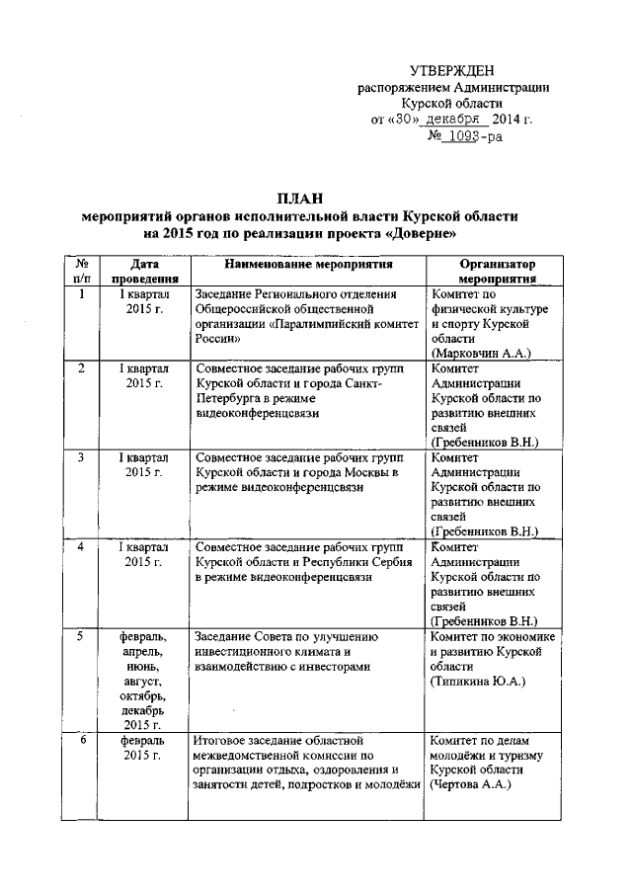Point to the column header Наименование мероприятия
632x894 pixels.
pyautogui.click(x=308, y=266)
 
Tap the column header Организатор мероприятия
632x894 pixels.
pyautogui.click(x=496, y=272)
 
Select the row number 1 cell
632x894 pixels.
pyautogui.click(x=82, y=294)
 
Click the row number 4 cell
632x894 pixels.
pyautogui.click(x=82, y=545)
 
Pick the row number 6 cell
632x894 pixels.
pyautogui.click(x=83, y=739)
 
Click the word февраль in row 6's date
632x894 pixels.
pyautogui.click(x=144, y=739)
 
